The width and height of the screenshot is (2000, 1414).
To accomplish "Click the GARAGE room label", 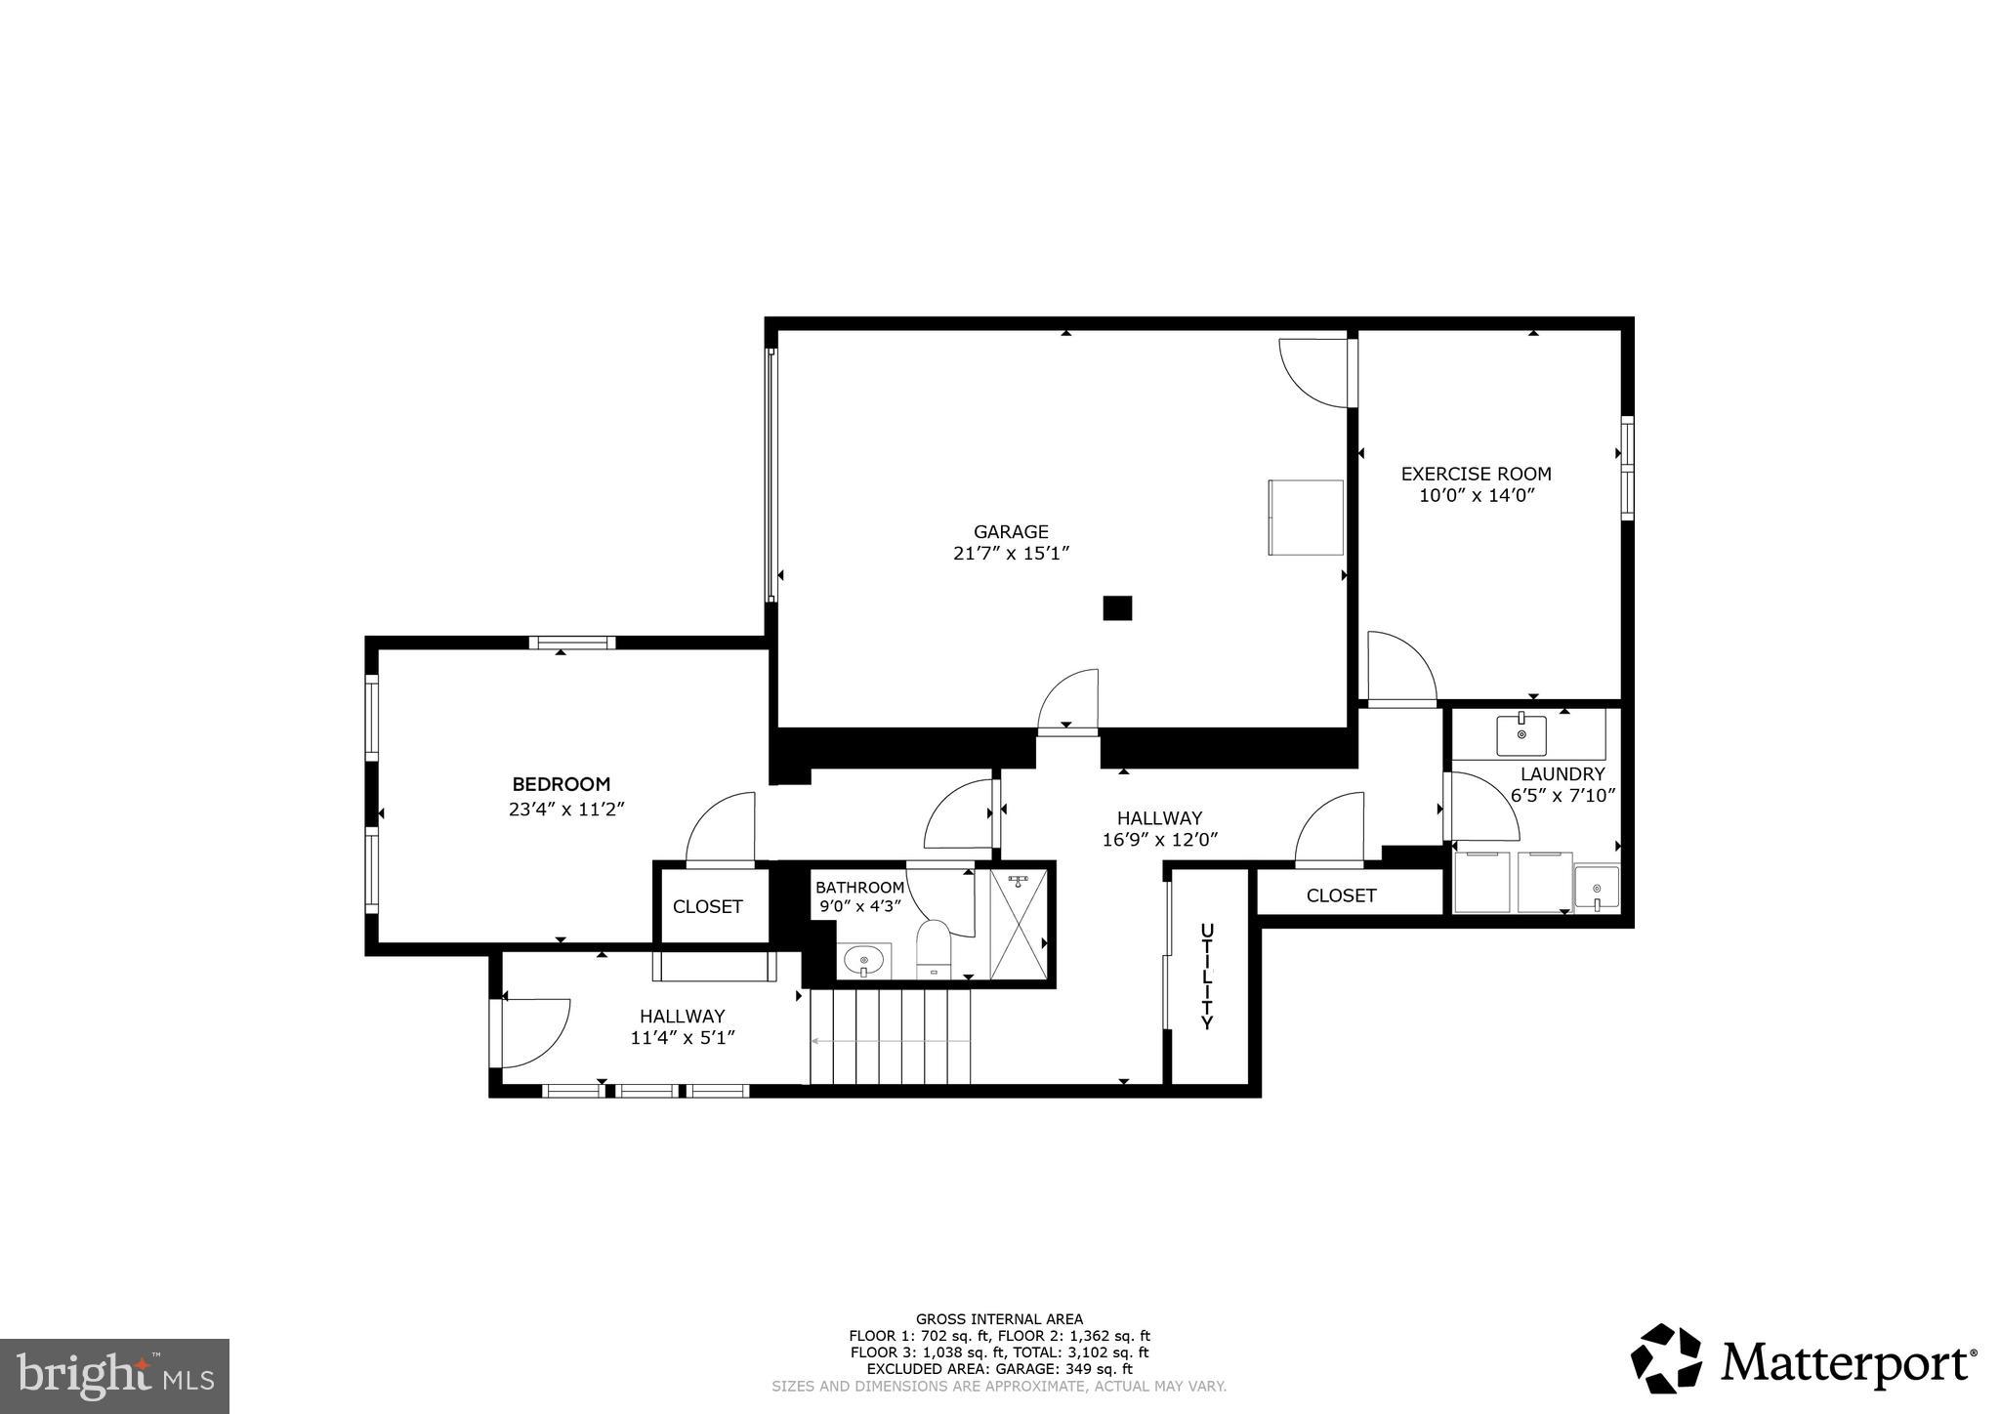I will pos(1011,532).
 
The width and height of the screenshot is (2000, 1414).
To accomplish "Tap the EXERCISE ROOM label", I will pos(1476,474).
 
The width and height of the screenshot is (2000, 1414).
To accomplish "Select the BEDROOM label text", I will pos(562,784).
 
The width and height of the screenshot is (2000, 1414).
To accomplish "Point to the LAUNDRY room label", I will pos(1562,774).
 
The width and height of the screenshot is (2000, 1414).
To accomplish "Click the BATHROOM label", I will pos(859,888).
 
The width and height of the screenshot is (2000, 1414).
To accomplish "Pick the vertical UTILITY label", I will pos(1207,976).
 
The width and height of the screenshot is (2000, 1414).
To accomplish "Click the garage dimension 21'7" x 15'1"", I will pos(1011,554).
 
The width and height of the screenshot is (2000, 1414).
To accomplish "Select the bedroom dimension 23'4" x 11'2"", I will pos(565,810).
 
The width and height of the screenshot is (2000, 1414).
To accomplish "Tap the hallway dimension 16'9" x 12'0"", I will pos(1159,839).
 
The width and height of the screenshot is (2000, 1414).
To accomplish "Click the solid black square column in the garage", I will pos(1117,608).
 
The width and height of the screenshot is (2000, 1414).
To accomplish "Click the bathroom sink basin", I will pos(863,961).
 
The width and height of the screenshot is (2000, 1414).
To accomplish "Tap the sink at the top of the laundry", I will pos(1521,733).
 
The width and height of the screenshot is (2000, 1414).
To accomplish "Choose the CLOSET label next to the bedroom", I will pos(707,907).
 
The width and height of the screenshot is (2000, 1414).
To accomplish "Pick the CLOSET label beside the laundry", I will pos(1341,895).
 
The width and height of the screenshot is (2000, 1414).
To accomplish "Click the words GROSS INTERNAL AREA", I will pos(998,1319).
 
